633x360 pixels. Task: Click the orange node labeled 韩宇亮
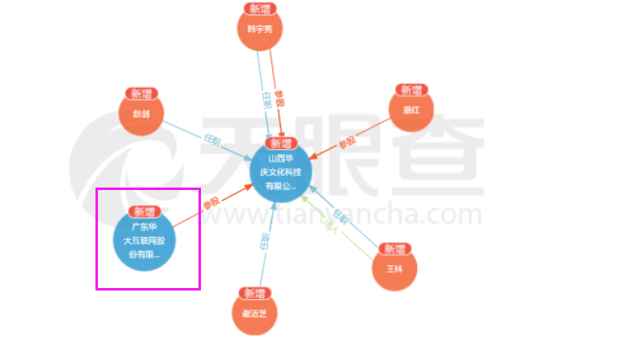click(x=260, y=30)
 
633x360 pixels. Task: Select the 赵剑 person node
click(x=141, y=114)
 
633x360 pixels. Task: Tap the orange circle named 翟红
click(x=411, y=111)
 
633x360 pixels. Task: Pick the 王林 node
click(x=394, y=270)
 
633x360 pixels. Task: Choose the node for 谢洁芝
click(x=254, y=314)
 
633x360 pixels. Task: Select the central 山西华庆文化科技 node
click(x=281, y=172)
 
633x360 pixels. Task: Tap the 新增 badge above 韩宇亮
click(x=260, y=8)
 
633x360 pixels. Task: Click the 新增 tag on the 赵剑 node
click(x=142, y=93)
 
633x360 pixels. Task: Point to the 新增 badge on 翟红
click(x=411, y=90)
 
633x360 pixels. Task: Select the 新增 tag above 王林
click(x=394, y=249)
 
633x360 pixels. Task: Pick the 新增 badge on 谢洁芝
click(x=254, y=293)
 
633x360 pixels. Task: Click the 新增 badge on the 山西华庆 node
click(x=281, y=142)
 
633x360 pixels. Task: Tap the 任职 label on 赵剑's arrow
click(x=212, y=139)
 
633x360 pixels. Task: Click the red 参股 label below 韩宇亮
click(x=280, y=98)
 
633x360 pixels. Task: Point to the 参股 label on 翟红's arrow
click(x=347, y=143)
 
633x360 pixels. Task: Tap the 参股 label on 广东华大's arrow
click(x=210, y=203)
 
